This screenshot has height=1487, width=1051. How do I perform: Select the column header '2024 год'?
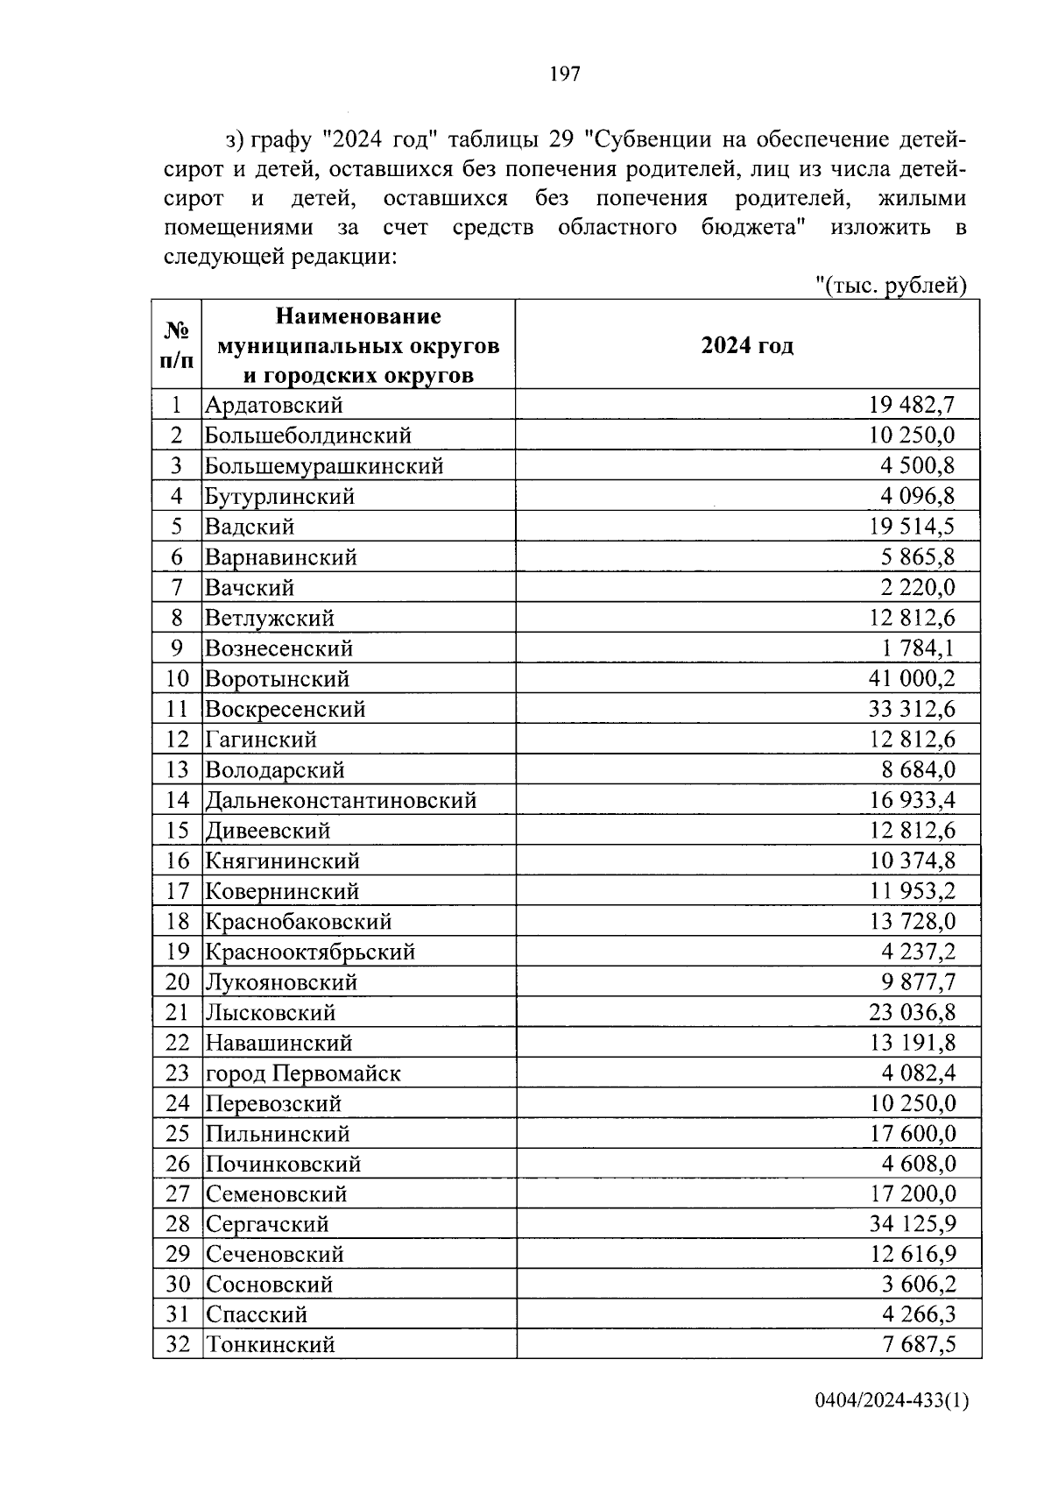click(747, 346)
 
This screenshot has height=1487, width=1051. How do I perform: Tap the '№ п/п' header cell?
click(177, 345)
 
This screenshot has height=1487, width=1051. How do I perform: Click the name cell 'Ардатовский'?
click(274, 406)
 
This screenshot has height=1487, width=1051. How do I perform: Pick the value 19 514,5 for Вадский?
click(911, 527)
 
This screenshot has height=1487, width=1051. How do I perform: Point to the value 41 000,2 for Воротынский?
click(911, 679)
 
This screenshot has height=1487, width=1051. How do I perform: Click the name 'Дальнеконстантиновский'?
click(341, 800)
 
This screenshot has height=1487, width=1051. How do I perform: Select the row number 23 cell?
click(177, 1073)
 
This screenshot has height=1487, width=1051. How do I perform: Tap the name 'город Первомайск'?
click(303, 1073)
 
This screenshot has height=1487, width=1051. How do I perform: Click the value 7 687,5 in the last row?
click(918, 1345)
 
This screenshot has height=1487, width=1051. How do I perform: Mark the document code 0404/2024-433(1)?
click(892, 1426)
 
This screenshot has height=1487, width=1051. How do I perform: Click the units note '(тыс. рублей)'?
click(891, 286)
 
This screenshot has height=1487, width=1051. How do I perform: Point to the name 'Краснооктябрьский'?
click(310, 952)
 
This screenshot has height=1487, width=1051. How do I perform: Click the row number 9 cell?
click(177, 648)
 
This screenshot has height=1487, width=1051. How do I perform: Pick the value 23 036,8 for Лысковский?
click(911, 1013)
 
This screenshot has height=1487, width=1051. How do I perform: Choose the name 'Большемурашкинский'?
click(324, 466)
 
